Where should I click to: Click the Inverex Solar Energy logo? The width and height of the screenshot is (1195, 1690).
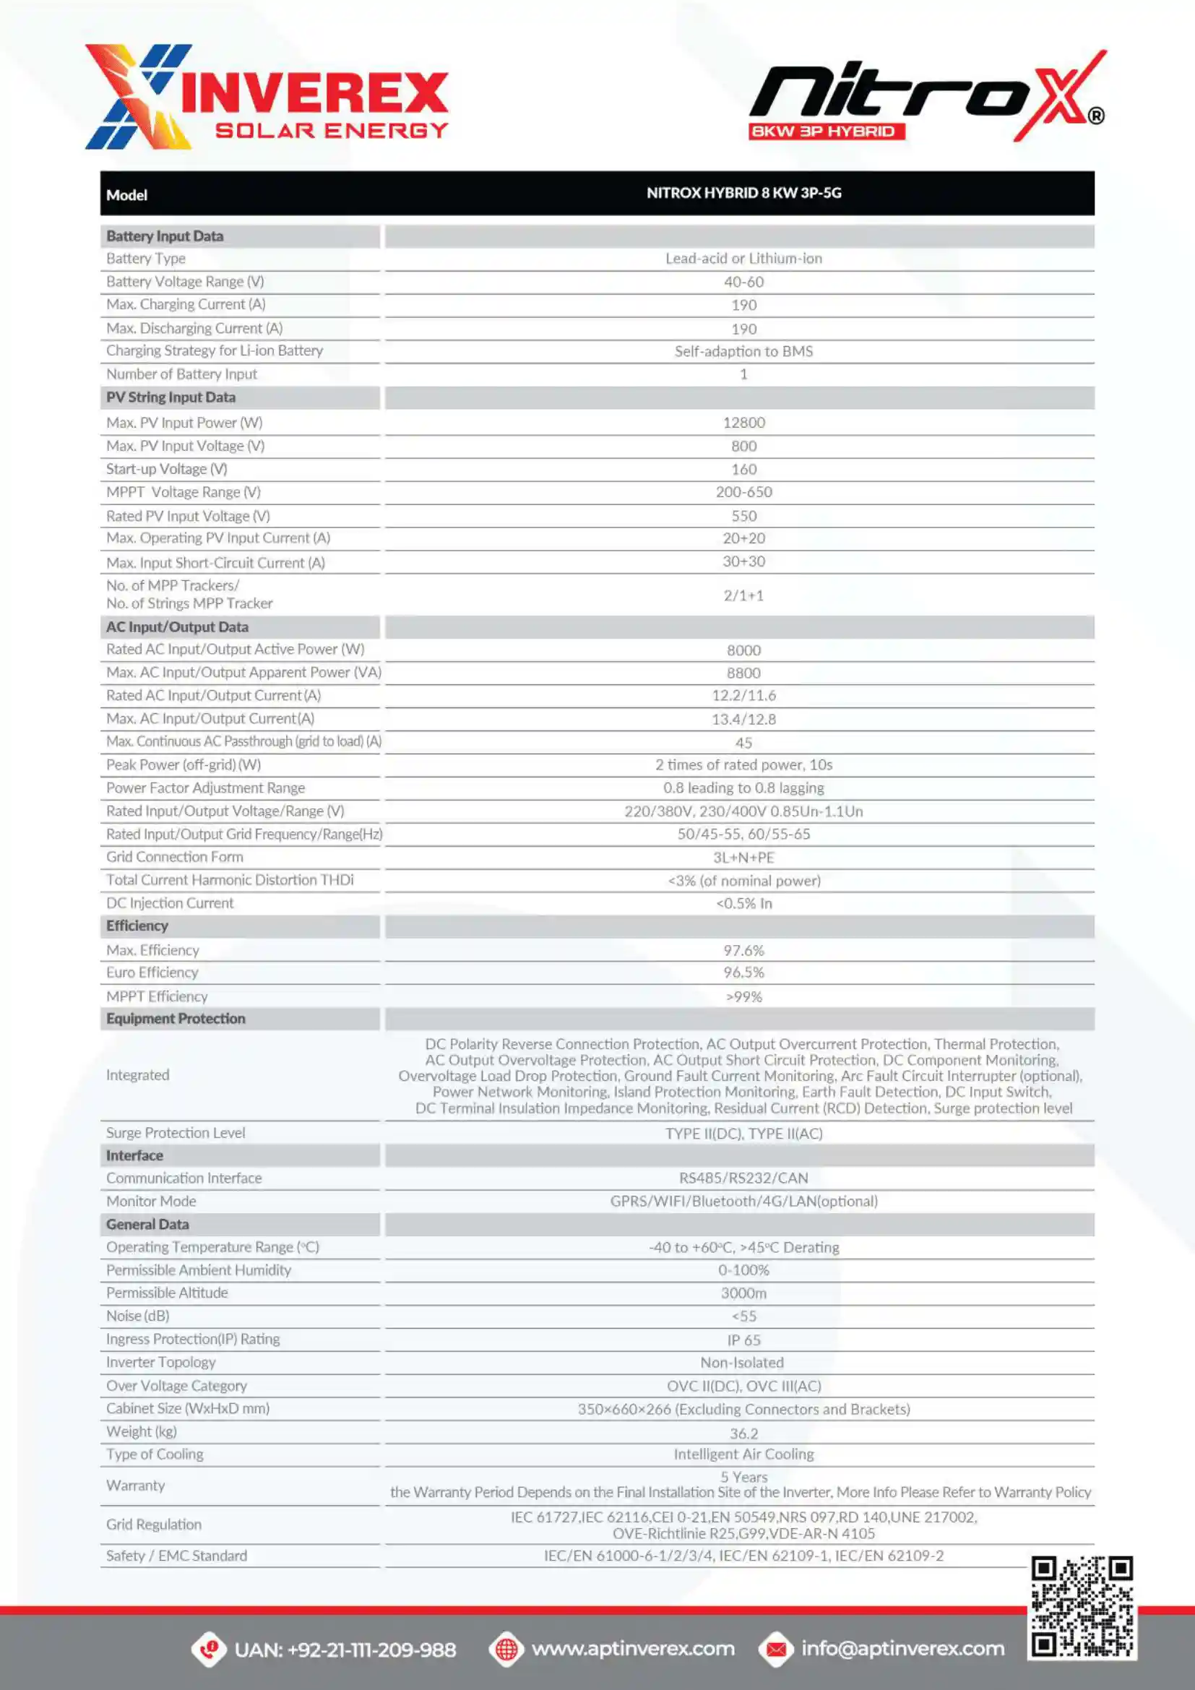[x=267, y=97]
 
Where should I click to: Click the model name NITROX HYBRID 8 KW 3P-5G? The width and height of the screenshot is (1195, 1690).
[x=743, y=193]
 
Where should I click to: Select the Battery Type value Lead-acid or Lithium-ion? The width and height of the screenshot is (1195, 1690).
[x=743, y=259]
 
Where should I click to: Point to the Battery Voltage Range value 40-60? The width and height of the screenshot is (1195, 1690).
[x=743, y=282]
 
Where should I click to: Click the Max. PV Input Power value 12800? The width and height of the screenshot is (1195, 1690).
[x=743, y=423]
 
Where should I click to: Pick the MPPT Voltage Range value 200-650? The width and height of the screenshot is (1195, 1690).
[x=743, y=492]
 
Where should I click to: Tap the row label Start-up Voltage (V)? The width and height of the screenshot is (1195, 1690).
[x=166, y=469]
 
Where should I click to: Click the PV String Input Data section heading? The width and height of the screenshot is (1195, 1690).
[x=171, y=397]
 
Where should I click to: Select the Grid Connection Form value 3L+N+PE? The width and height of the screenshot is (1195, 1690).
[x=743, y=858]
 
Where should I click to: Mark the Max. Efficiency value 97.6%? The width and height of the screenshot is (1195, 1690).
[x=743, y=950]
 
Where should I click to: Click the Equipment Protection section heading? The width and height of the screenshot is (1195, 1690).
[x=176, y=1019]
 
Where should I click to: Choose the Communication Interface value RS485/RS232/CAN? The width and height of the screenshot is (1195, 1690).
[x=743, y=1178]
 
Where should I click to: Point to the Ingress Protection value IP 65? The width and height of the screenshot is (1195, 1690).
[x=743, y=1340]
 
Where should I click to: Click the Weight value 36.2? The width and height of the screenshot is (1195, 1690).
[x=743, y=1433]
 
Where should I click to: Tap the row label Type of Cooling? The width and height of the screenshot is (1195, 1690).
[x=155, y=1454]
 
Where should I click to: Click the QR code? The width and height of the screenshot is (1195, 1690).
[x=1081, y=1607]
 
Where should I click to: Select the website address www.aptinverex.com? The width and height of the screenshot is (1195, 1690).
[x=633, y=1648]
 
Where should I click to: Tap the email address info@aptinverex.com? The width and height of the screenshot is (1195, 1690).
[x=902, y=1648]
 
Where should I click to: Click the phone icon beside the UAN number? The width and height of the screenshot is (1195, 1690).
[x=209, y=1649]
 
